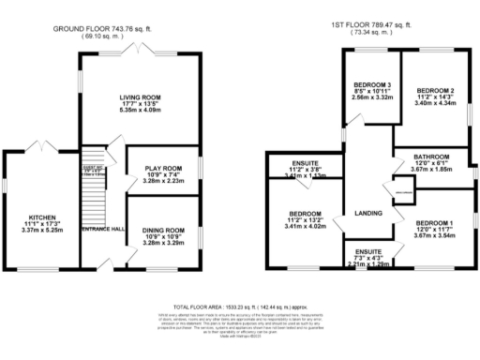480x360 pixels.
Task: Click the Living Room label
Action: tap(141, 97)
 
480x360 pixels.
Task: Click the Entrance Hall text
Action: tap(102, 230)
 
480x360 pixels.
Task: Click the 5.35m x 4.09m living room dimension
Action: tap(141, 111)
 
